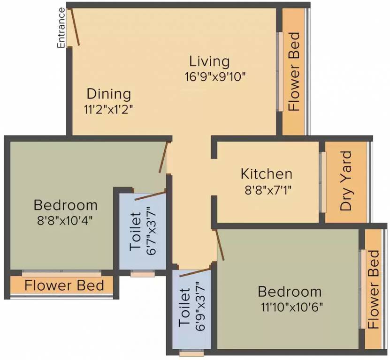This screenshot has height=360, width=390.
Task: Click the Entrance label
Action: click(x=61, y=28)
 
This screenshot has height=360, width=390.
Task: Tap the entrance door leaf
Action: click(x=76, y=27)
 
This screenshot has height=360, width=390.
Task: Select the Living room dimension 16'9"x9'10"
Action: click(x=215, y=77)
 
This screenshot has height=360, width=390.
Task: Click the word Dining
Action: click(x=109, y=94)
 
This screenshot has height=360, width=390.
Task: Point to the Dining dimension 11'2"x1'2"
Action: click(x=108, y=110)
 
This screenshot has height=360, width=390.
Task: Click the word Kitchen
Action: click(x=267, y=174)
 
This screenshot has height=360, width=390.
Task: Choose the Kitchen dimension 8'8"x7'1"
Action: click(x=268, y=191)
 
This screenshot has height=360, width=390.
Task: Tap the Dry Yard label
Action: click(x=346, y=181)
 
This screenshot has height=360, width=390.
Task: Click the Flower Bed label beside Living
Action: click(x=294, y=72)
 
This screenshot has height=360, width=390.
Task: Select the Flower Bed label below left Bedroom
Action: click(x=64, y=285)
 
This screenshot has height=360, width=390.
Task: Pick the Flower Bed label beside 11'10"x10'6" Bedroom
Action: click(x=374, y=289)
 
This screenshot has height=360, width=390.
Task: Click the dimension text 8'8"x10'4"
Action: click(x=65, y=221)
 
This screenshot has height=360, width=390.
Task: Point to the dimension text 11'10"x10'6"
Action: click(x=292, y=307)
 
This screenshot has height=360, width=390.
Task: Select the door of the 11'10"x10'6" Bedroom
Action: click(x=220, y=245)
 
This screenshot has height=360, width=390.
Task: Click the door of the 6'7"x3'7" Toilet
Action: click(x=150, y=195)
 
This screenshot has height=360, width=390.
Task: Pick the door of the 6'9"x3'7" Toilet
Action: click(x=195, y=272)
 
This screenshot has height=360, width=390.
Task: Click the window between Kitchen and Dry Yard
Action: click(x=323, y=182)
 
